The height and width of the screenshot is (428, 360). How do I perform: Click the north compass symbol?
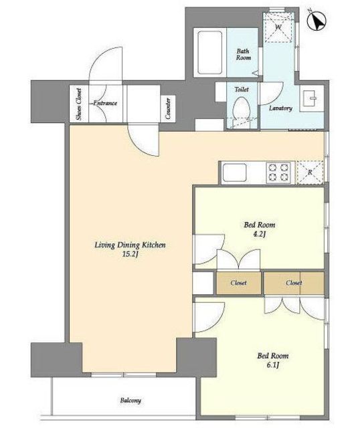click(x=317, y=20)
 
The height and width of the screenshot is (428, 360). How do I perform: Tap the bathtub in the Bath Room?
click(x=209, y=53)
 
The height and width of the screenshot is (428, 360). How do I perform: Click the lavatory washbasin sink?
click(x=312, y=98)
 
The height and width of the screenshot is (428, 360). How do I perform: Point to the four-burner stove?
click(x=279, y=173)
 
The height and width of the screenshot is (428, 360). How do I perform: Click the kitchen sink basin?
click(x=234, y=173)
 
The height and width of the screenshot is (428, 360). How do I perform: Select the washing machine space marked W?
click(x=278, y=27)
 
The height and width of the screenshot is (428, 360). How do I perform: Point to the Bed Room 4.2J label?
click(x=259, y=229)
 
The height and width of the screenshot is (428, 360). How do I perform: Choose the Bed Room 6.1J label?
click(x=273, y=360)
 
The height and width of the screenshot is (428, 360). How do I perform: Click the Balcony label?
click(x=130, y=401)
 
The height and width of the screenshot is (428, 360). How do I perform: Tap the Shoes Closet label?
click(x=79, y=104)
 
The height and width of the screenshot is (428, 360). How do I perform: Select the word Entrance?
click(x=105, y=103)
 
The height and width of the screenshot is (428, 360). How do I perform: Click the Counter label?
click(x=168, y=108)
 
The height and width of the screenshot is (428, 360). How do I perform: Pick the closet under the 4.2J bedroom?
click(x=239, y=283)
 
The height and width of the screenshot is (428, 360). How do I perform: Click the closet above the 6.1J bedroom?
click(x=294, y=283)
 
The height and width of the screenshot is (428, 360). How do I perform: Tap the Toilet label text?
click(x=242, y=89)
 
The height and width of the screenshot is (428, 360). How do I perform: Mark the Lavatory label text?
click(x=280, y=108)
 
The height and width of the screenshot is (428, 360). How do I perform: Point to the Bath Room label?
click(x=243, y=54)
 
